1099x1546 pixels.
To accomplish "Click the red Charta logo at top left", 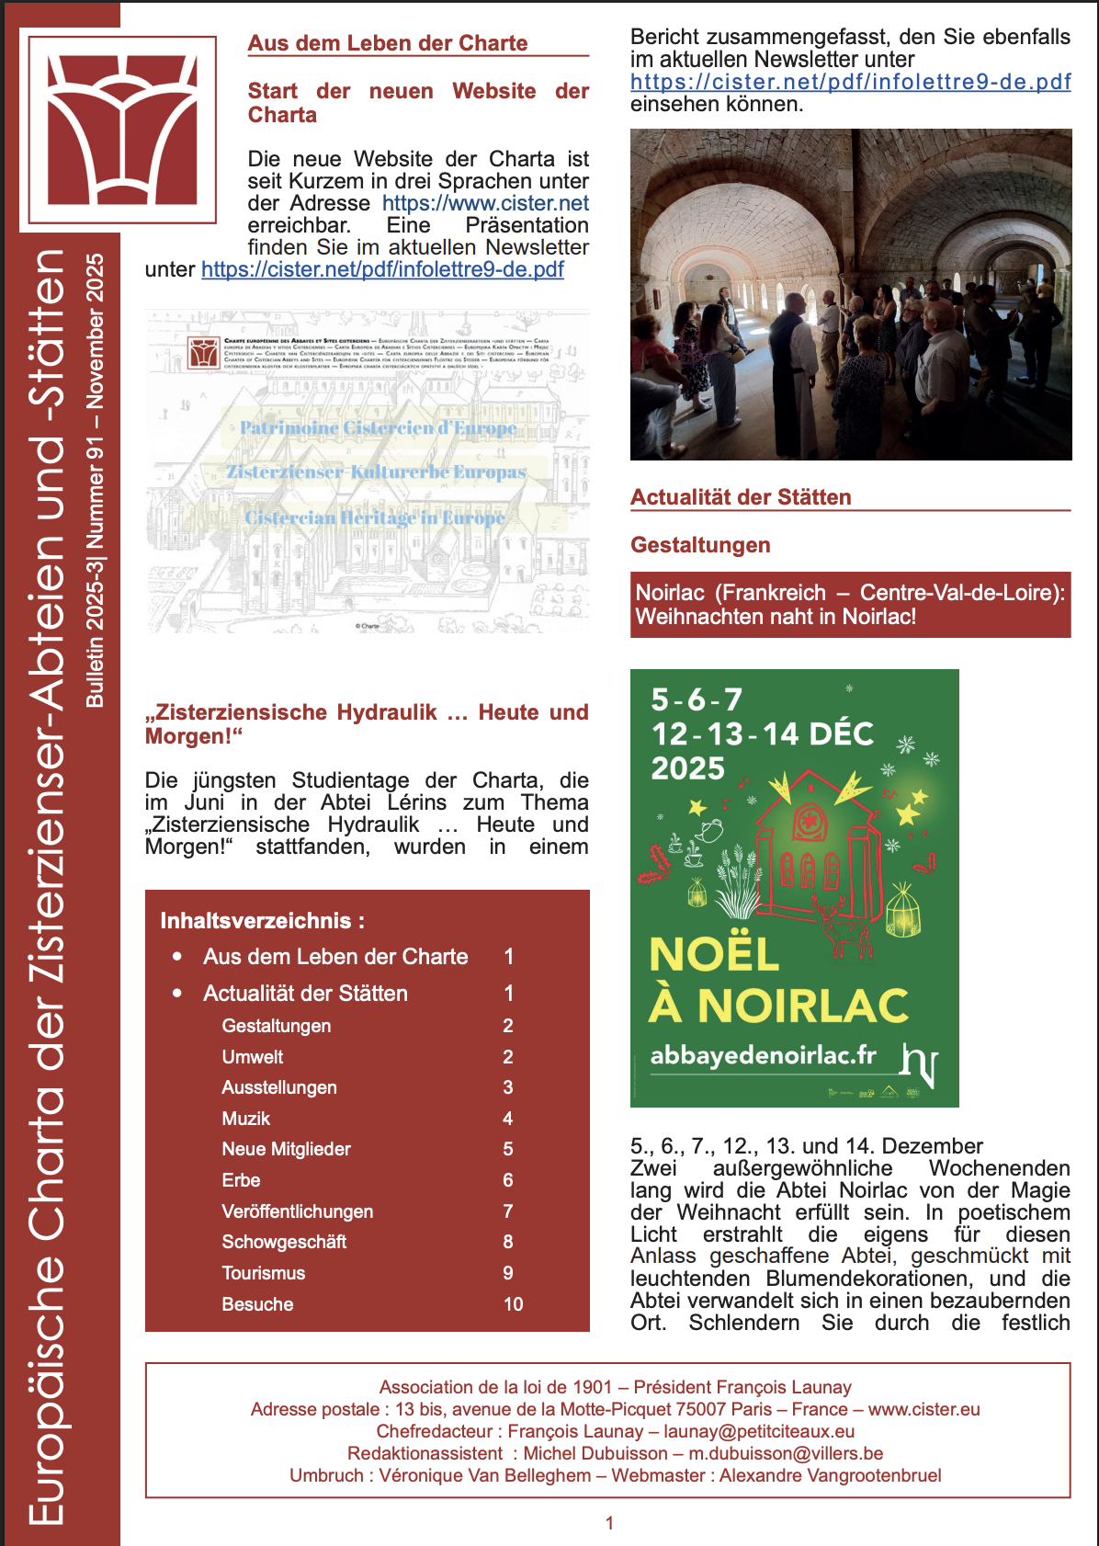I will pos(122,130).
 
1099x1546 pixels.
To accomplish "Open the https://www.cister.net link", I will pos(485,203).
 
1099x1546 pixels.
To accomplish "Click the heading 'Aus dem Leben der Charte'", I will pos(387,43).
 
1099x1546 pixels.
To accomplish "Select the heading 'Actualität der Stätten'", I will pos(741,497).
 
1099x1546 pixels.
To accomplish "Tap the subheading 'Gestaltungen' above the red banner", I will pos(700,545).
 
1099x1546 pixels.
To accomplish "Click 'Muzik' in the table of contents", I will pos(246,1119).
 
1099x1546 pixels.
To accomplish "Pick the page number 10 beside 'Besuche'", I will pos(513,1304).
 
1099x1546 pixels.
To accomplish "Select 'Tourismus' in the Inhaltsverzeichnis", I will pos(264,1273).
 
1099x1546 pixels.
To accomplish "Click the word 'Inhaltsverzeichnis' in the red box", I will pos(256,921).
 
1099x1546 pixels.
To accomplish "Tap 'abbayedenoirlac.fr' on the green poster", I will pos(763,1055).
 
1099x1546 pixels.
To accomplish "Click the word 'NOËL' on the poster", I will pos(714,955).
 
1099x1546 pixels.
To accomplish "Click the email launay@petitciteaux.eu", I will pos(759,1431).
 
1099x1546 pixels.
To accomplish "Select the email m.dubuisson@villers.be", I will pos(786,1453).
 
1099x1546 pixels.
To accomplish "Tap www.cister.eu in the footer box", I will pos(923,1409).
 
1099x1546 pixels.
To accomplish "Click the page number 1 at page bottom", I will pos(609,1523).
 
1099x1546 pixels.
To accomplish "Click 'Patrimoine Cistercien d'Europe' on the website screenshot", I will pos(378,428).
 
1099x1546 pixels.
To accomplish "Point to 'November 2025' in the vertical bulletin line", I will pos(95,331).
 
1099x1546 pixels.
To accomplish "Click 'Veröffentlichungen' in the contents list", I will pos(298,1211).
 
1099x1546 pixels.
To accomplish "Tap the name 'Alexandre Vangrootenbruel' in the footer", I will pos(830,1475).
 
